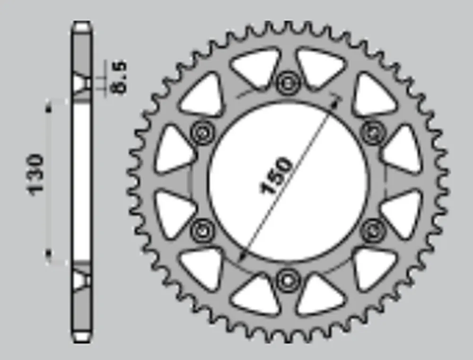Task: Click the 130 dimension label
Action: pos(35,175)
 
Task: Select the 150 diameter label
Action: pos(276,176)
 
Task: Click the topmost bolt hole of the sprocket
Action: pos(288,83)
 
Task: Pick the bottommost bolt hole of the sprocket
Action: pos(288,281)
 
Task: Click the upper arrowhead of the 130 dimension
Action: pos(48,107)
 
